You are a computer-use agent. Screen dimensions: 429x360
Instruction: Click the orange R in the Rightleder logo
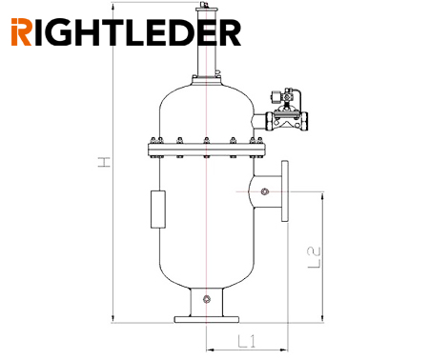pos(21,32)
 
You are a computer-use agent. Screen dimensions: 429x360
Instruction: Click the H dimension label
pos(104,162)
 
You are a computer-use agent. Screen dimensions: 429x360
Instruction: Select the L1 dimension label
pos(247,341)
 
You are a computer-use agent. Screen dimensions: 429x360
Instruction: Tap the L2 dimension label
pos(315,257)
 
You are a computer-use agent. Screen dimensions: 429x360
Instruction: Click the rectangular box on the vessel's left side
pos(158,210)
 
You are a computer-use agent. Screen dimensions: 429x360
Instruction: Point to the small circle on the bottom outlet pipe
pos(207,299)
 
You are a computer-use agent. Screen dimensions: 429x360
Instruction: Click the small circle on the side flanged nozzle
pos(264,191)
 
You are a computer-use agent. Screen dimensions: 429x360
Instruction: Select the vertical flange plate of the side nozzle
pos(285,190)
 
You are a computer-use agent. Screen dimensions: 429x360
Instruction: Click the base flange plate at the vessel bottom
pos(207,319)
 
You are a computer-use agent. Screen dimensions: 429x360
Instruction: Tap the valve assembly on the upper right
pos(288,111)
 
